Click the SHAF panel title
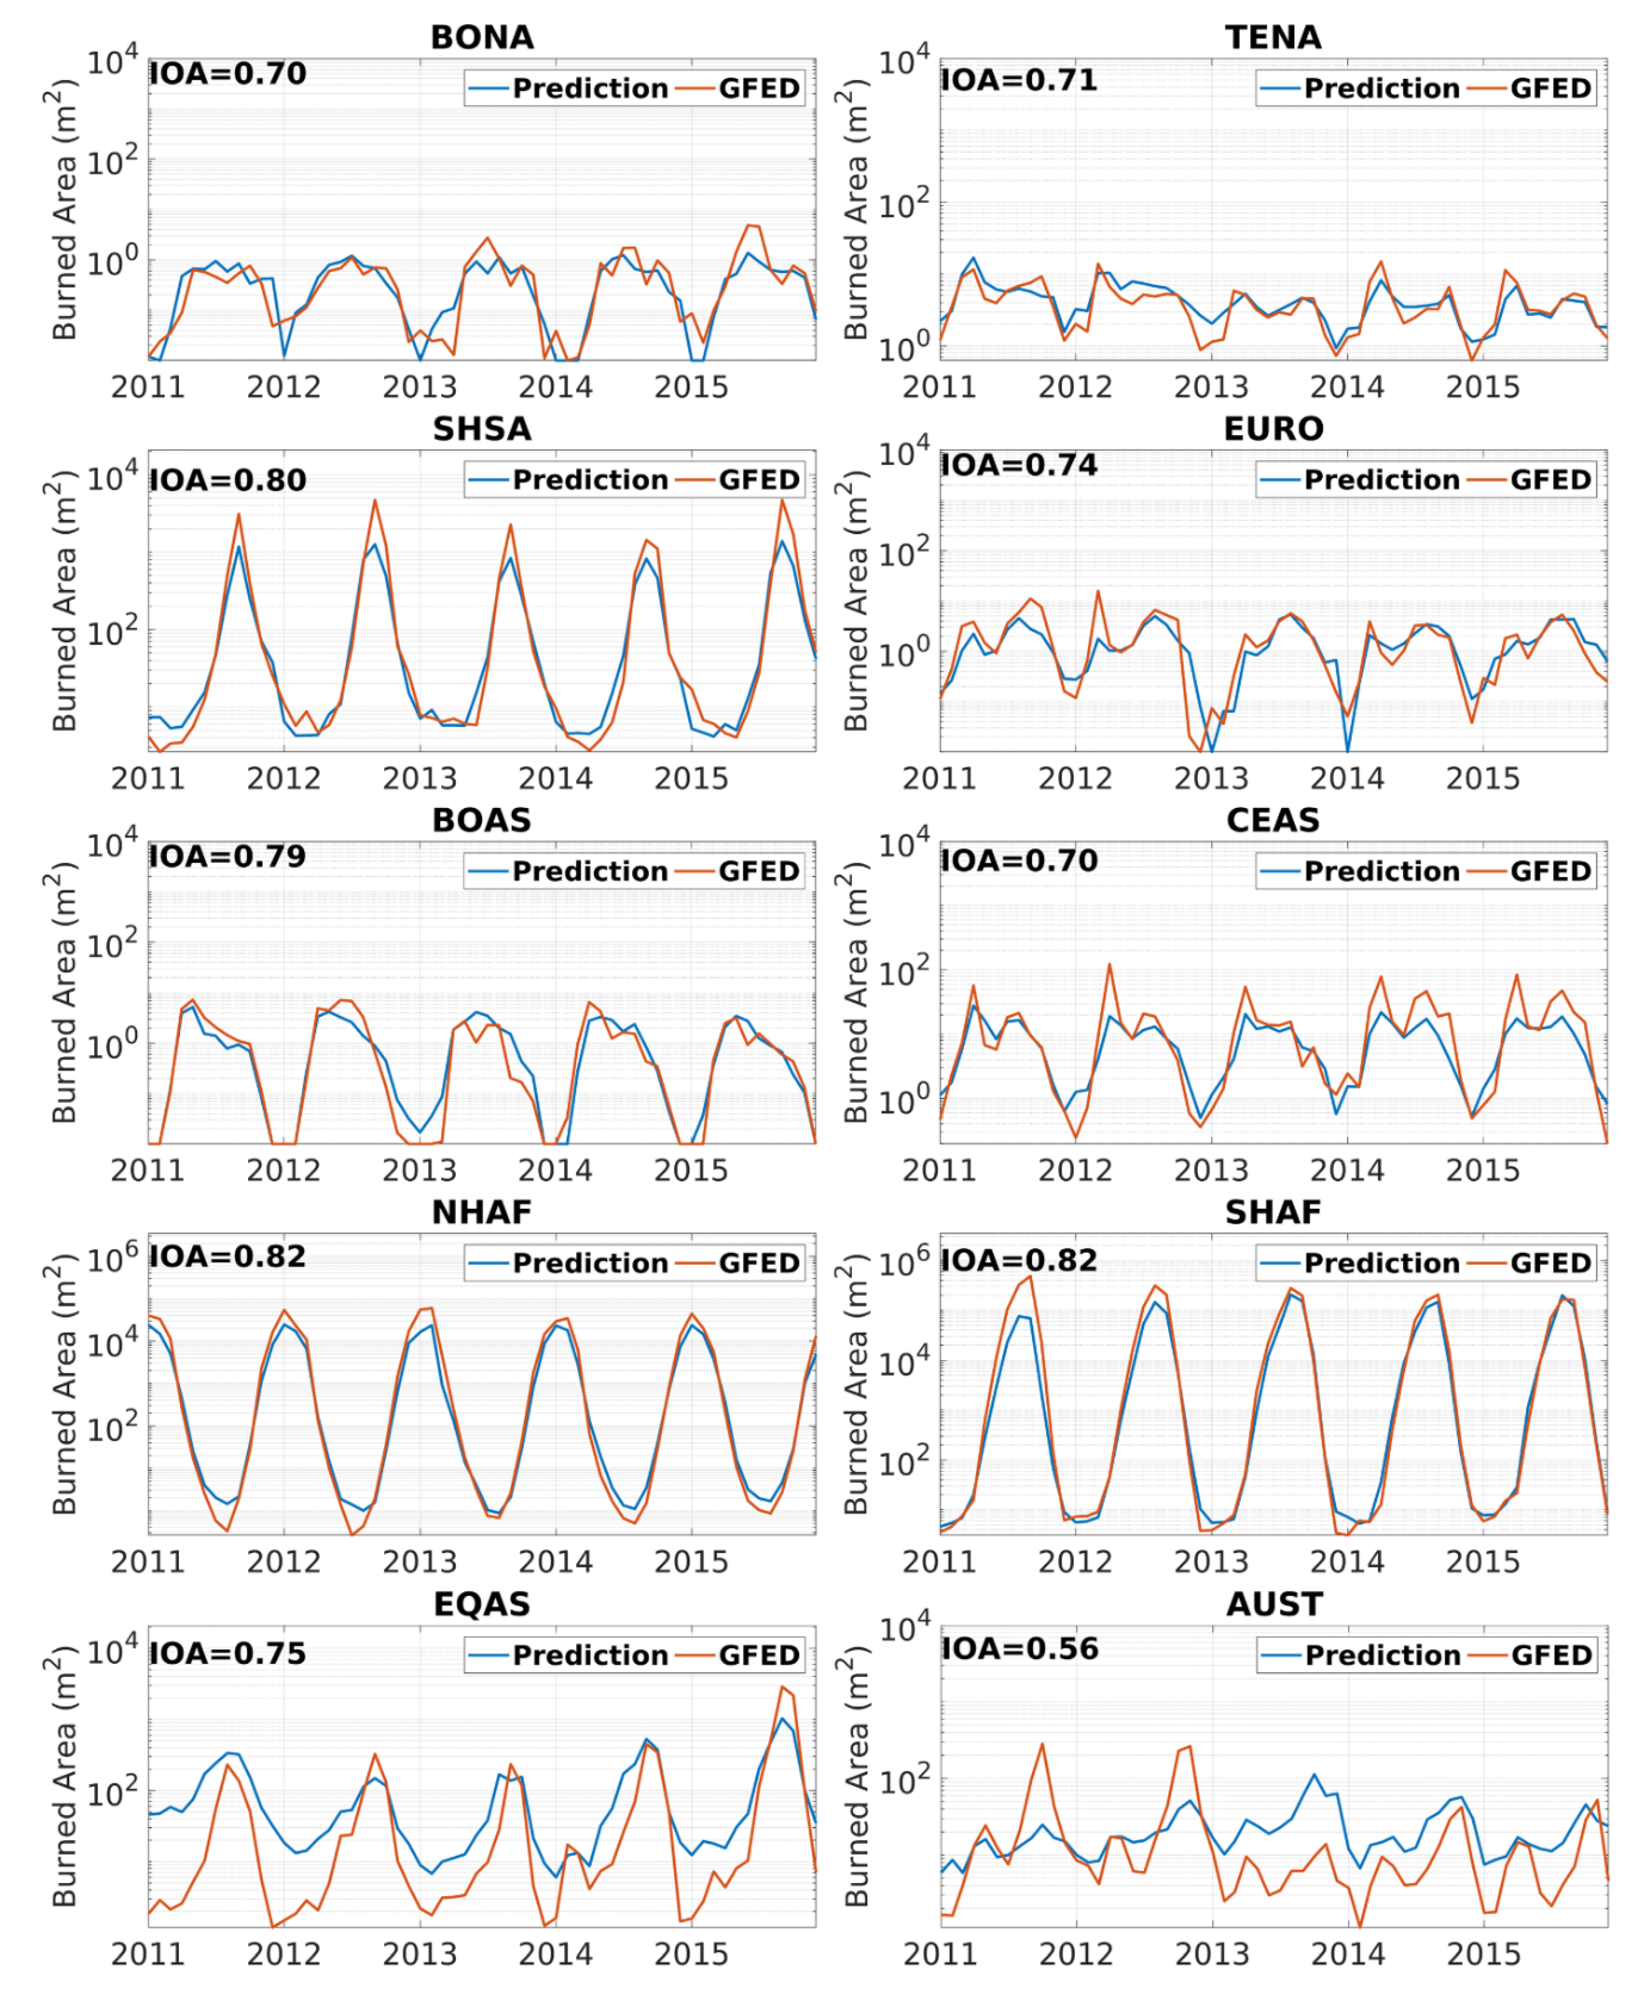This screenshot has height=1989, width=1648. pyautogui.click(x=1273, y=1213)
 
